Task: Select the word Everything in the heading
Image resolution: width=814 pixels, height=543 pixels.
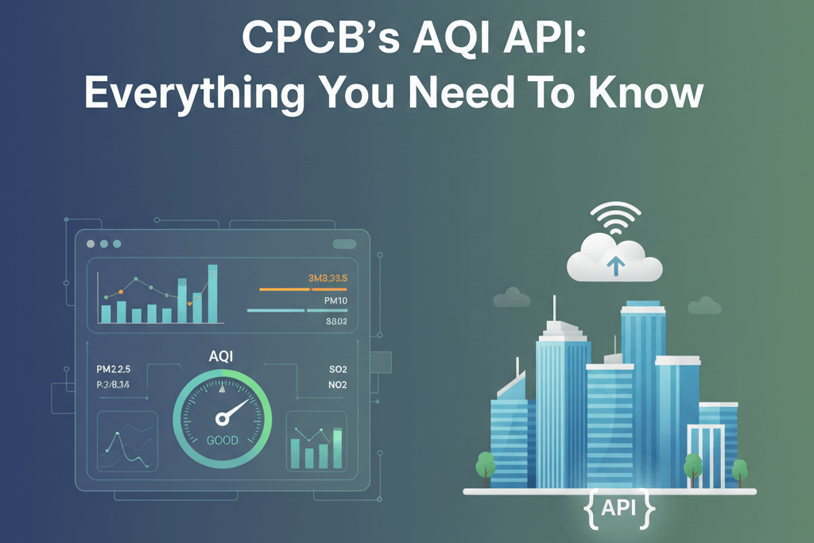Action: (194, 94)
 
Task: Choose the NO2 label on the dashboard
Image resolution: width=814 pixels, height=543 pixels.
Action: (338, 386)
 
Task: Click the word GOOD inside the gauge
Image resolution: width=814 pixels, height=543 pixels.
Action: (222, 440)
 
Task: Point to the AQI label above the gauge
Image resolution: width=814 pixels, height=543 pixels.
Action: (221, 358)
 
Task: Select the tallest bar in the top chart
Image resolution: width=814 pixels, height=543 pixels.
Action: (212, 293)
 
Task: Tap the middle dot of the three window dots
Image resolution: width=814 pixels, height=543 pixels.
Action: (104, 243)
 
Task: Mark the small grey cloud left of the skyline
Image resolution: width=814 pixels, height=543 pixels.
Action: (511, 298)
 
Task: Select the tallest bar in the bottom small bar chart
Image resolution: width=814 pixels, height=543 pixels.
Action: (338, 448)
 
